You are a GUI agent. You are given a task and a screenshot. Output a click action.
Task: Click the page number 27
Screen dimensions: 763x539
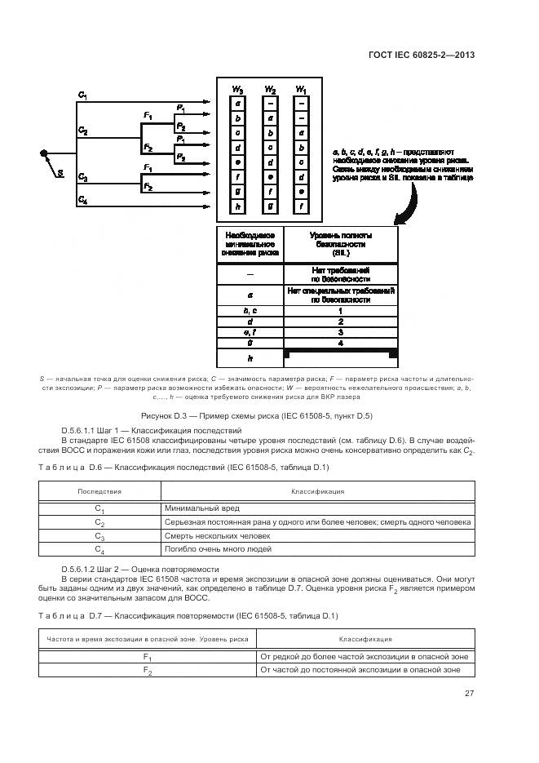click(x=470, y=694)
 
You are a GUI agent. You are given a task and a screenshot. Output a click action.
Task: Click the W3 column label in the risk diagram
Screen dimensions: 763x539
click(x=237, y=89)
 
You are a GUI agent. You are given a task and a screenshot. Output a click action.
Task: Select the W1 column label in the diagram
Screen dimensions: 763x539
click(x=301, y=89)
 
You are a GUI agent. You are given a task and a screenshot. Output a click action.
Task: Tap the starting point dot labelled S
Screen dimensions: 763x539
click(x=44, y=153)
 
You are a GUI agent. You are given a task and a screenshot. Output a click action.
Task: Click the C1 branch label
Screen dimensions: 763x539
click(x=82, y=96)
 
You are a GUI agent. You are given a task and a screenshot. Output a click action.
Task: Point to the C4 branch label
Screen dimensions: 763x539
click(x=82, y=199)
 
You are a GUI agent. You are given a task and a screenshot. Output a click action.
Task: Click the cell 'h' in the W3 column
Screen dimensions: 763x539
click(x=237, y=207)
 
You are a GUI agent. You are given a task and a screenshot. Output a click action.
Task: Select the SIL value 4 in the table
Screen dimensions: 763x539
click(x=340, y=344)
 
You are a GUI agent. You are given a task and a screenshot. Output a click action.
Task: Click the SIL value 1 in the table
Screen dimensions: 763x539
click(x=340, y=311)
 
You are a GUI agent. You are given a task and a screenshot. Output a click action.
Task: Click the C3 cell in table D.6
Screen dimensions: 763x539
click(x=99, y=536)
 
